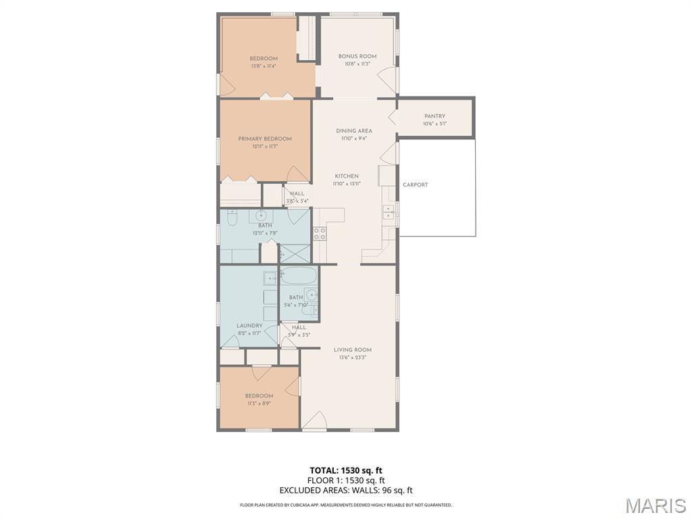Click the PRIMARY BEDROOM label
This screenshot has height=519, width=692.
pyautogui.click(x=265, y=139)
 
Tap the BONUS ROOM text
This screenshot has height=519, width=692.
pyautogui.click(x=357, y=56)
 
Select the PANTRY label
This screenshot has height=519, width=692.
pyautogui.click(x=435, y=116)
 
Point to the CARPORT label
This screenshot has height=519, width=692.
pyautogui.click(x=415, y=184)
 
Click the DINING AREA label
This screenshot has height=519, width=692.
pyautogui.click(x=354, y=131)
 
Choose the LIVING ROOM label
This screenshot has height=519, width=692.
pyautogui.click(x=352, y=350)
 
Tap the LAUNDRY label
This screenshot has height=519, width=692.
pyautogui.click(x=249, y=326)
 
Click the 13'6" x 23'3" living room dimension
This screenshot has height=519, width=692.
pyautogui.click(x=352, y=357)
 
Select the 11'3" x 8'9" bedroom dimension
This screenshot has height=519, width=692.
pyautogui.click(x=259, y=403)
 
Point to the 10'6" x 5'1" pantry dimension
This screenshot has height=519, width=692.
pyautogui.click(x=435, y=124)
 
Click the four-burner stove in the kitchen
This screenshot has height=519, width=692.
pyautogui.click(x=319, y=234)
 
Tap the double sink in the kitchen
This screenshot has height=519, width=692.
pyautogui.click(x=389, y=212)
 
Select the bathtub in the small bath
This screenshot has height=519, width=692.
pyautogui.click(x=298, y=276)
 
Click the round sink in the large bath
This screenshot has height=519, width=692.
pyautogui.click(x=260, y=216)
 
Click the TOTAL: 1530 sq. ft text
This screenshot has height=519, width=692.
pyautogui.click(x=346, y=470)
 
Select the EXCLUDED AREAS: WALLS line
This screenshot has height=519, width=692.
pyautogui.click(x=346, y=491)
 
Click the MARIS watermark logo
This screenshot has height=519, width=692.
pyautogui.click(x=655, y=505)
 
